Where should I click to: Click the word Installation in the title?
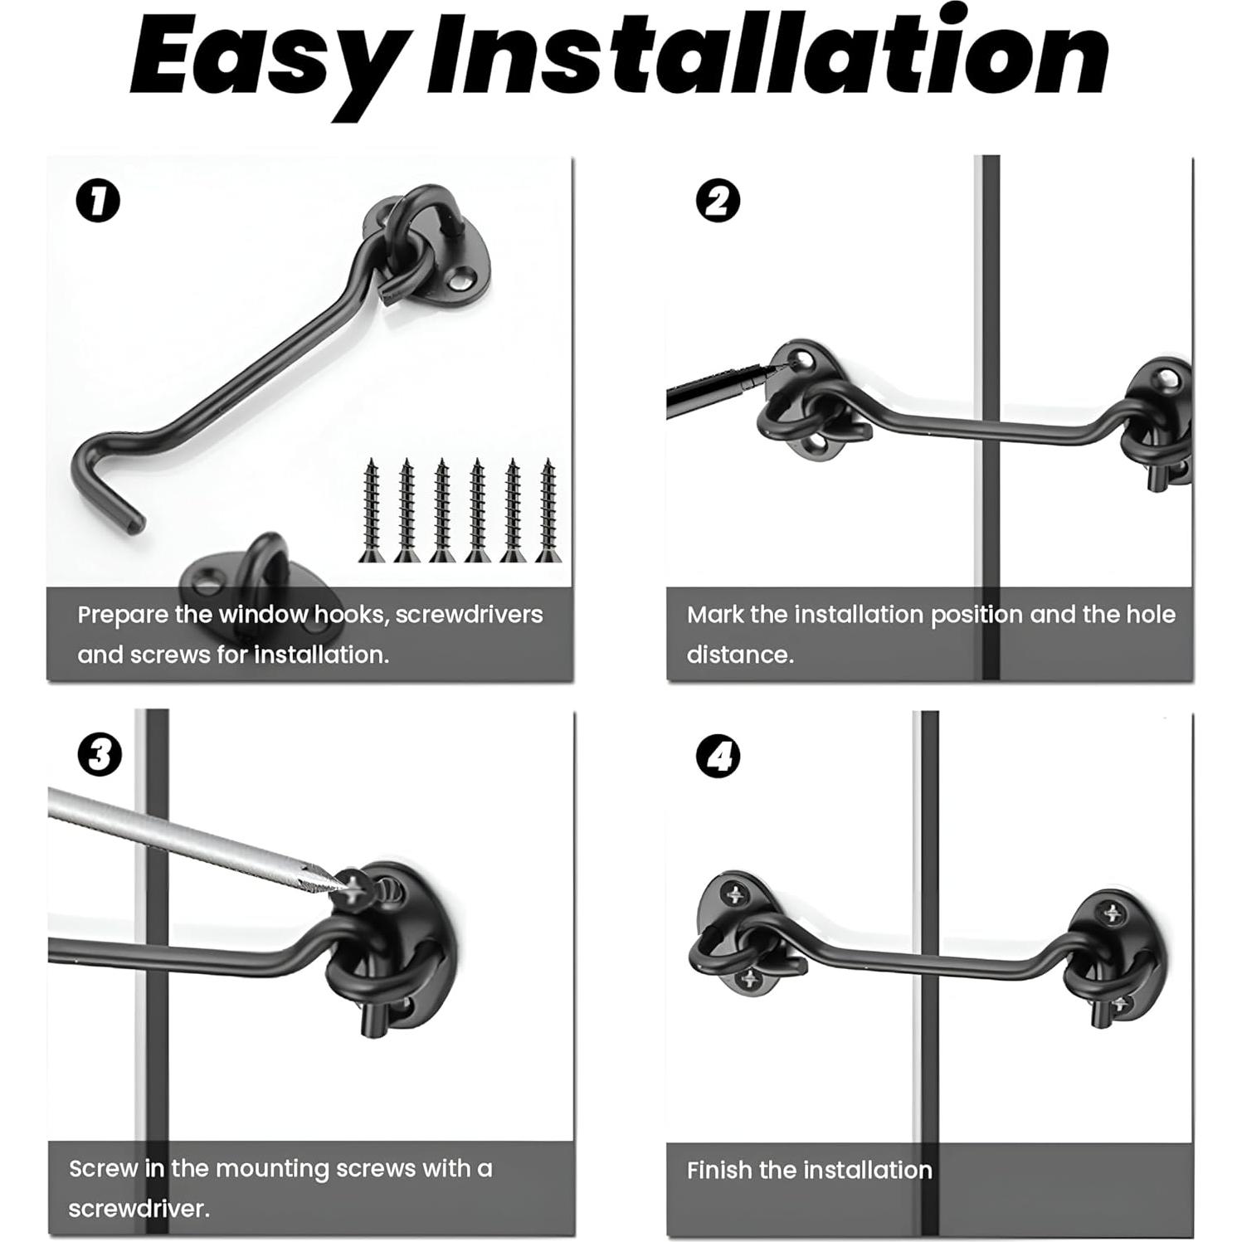(768, 51)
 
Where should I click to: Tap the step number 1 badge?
(98, 202)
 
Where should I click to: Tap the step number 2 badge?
(718, 201)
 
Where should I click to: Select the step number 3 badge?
(100, 755)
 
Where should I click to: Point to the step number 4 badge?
(718, 756)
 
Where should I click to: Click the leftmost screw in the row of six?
(371, 510)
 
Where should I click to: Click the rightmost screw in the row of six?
(548, 510)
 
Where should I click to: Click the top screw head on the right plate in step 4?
(1113, 913)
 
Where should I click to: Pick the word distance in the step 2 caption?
(739, 655)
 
